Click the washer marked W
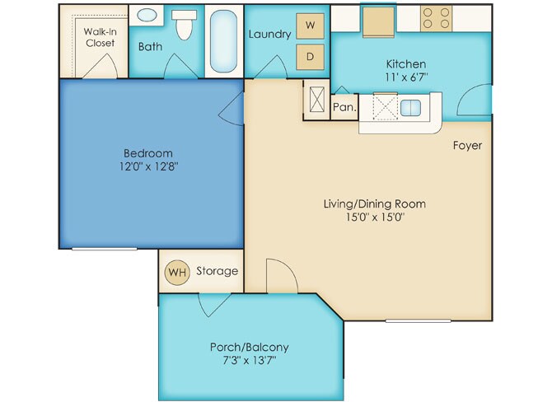point(310,26)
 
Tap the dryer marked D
point(310,57)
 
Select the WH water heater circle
point(177,272)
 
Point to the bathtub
point(223,41)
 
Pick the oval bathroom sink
point(147,15)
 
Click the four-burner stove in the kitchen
point(436,19)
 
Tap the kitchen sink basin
point(410,108)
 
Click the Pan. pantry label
point(344,107)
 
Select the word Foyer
point(467,145)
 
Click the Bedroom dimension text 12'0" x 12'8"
point(148,166)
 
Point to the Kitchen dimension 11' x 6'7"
point(407,77)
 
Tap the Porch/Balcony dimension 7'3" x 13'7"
point(250,360)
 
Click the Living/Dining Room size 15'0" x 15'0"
point(375,217)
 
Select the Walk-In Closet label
point(101,37)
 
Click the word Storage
point(218,271)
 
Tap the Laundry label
point(270,34)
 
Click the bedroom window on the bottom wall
point(105,249)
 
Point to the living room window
point(419,320)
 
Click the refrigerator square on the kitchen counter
point(378,21)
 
